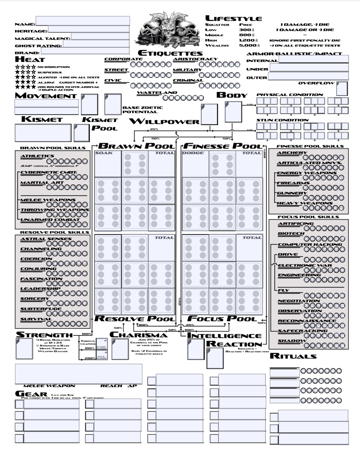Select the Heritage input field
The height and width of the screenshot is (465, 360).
pyautogui.click(x=88, y=29)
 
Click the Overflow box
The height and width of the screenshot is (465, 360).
pyautogui.click(x=341, y=89)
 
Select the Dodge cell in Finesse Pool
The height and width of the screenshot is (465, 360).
pyautogui.click(x=195, y=163)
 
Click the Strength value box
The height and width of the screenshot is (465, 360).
pyautogui.click(x=23, y=349)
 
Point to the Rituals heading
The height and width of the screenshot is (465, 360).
pyautogui.click(x=293, y=356)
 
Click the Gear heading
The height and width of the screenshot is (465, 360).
pyautogui.click(x=31, y=393)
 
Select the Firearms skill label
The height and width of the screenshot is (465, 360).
pyautogui.click(x=290, y=183)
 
